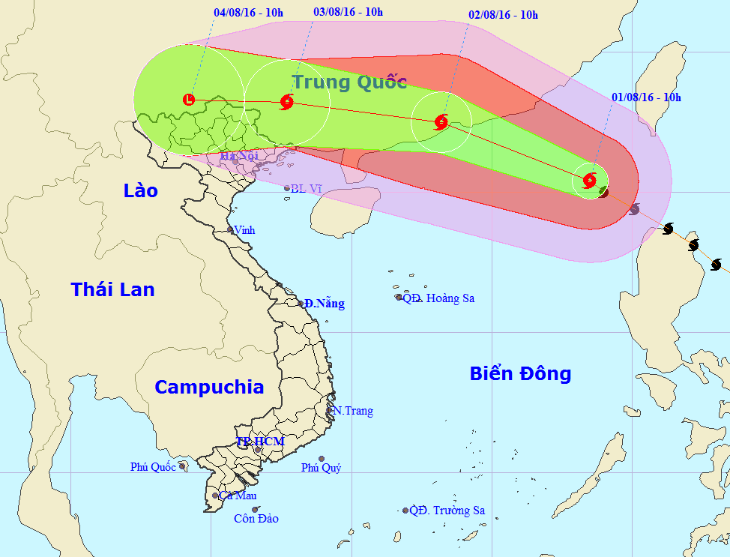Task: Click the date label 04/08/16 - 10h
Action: [248, 13]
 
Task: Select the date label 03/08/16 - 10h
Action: [348, 12]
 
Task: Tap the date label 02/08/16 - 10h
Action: [503, 15]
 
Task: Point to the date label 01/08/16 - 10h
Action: [646, 97]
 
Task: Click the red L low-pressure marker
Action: [189, 99]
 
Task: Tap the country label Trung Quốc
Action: [349, 82]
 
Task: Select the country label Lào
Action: [141, 191]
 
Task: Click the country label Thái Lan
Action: [112, 289]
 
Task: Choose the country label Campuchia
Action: [209, 387]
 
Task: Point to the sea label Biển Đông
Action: [520, 373]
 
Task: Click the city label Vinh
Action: [244, 230]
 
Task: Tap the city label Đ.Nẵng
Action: [325, 304]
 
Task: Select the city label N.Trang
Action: [353, 411]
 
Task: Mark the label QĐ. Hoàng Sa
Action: [438, 298]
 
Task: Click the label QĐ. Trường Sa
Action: [447, 511]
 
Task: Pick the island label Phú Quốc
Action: [153, 467]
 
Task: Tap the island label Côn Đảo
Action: [256, 518]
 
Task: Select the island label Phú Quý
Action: [321, 468]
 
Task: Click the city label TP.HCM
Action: [260, 442]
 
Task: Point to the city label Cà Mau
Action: [238, 496]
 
